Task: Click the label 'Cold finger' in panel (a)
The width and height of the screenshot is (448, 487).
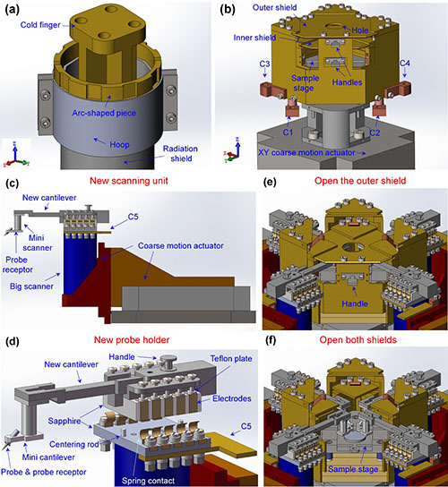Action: point(40,25)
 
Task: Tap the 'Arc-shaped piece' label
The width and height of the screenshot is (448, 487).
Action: point(104,113)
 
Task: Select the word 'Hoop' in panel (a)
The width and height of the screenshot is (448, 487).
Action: point(119,145)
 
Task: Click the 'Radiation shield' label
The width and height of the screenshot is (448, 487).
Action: point(180,153)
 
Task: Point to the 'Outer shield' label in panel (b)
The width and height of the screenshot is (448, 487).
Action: point(274,7)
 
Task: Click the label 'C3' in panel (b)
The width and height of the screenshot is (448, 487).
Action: point(264,64)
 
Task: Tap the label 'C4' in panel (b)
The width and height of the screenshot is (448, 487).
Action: point(405,64)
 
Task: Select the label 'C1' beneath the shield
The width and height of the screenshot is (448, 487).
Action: point(288,132)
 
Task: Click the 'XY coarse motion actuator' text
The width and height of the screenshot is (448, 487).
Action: point(306,153)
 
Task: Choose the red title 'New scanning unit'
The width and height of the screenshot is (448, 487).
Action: point(129,181)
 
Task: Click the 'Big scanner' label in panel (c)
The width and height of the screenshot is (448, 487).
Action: point(31,286)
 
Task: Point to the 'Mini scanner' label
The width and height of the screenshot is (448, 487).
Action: point(38,243)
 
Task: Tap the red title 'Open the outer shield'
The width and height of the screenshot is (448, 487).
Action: point(360,181)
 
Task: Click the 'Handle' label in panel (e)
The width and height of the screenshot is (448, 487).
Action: point(355,303)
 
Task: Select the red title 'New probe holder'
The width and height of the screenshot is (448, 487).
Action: point(132,340)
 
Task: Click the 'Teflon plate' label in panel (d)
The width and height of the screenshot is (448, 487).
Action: point(231,359)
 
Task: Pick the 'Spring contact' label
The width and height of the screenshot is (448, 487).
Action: point(148,481)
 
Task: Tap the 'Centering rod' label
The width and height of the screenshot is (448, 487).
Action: point(74,444)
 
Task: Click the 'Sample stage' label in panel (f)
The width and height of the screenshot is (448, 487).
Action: point(353,469)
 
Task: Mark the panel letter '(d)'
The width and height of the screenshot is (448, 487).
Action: point(13,341)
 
